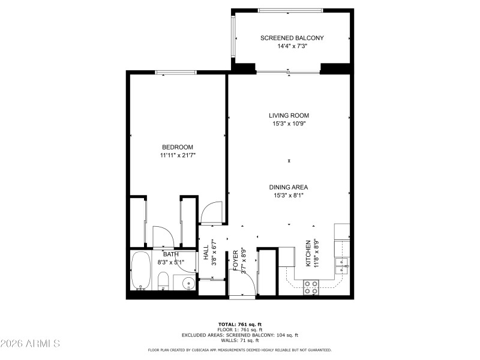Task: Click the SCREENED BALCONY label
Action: (x=292, y=38)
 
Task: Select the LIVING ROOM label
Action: (x=289, y=115)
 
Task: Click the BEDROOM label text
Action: (x=178, y=147)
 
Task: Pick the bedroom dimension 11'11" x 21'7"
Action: (x=178, y=155)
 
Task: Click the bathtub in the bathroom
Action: (x=142, y=271)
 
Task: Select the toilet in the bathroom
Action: (x=163, y=280)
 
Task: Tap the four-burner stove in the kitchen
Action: (x=311, y=287)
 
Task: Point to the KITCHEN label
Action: (x=309, y=253)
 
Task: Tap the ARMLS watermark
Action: (x=30, y=344)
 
